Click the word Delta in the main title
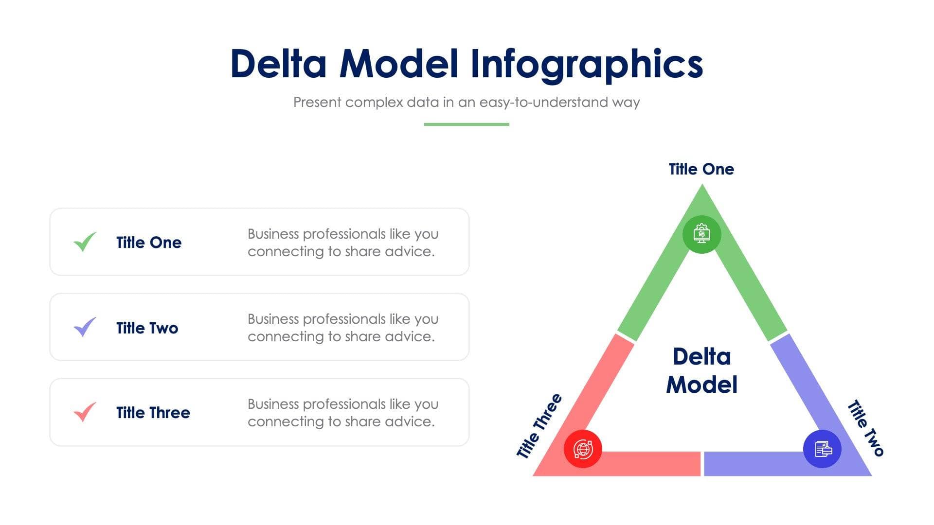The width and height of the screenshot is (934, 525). tap(278, 64)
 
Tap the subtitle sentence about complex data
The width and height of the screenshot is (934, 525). tap(466, 102)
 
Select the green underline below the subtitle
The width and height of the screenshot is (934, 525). tap(466, 124)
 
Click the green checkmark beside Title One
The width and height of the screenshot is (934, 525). tap(85, 242)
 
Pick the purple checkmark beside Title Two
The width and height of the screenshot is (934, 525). tap(85, 327)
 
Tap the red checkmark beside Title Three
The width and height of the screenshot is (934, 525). tap(85, 412)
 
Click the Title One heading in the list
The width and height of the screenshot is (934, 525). tap(148, 243)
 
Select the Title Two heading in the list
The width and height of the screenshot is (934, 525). tap(147, 328)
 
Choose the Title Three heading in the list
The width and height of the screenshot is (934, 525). tap(153, 413)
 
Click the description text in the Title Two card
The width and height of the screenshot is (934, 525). tap(342, 328)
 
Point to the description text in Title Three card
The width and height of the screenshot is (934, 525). tap(342, 413)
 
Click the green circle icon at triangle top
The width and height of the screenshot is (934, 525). tap(701, 234)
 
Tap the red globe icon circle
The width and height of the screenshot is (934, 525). tap(582, 449)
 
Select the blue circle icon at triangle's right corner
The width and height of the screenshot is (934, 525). tap(822, 449)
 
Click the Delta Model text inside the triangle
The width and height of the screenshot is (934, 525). tap(701, 370)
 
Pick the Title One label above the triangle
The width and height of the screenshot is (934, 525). tap(701, 169)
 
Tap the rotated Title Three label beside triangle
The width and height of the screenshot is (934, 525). tap(539, 426)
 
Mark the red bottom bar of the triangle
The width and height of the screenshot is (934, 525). tap(647, 463)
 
